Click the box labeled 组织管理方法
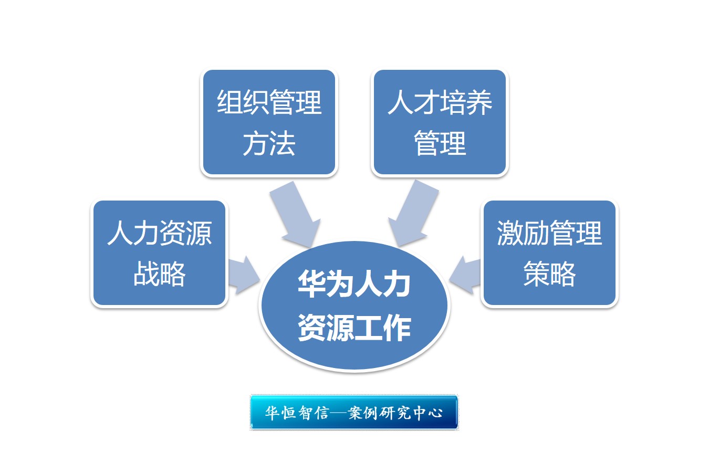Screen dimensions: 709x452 click(269, 122)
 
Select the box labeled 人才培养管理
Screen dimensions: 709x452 click(440, 122)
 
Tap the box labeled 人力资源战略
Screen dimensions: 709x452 click(160, 253)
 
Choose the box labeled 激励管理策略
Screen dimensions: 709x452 click(549, 253)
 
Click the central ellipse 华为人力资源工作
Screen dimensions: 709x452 click(354, 306)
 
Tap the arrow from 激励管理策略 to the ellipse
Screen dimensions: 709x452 click(465, 275)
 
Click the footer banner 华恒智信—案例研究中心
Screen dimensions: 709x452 click(354, 413)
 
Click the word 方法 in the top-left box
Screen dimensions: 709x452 click(269, 144)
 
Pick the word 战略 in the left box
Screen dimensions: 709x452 click(160, 274)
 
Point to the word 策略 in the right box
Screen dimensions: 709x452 click(549, 274)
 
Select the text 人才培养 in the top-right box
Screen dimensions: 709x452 click(440, 102)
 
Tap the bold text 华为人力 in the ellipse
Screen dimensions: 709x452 click(354, 283)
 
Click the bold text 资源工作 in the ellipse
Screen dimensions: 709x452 click(354, 328)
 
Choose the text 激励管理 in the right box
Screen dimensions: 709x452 click(549, 233)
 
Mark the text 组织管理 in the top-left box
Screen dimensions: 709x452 click(269, 102)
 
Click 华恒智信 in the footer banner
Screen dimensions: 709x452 click(297, 413)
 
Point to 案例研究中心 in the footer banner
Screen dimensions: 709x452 click(395, 413)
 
